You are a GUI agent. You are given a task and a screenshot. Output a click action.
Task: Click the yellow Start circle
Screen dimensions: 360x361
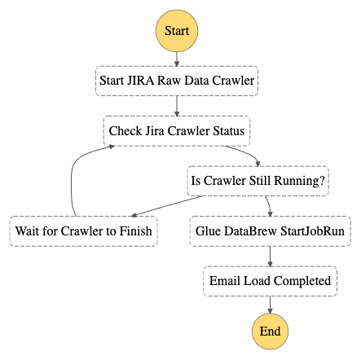(177, 30)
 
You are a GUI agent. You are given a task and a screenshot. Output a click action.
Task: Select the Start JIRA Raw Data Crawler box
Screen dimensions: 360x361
(177, 80)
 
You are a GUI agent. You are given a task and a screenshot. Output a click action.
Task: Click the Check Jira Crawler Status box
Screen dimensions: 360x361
(176, 130)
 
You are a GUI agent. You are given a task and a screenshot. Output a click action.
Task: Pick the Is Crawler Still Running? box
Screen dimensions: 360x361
(258, 181)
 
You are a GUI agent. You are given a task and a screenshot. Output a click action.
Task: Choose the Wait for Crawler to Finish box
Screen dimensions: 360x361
(84, 230)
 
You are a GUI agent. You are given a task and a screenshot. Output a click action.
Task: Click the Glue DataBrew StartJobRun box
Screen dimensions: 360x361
(269, 230)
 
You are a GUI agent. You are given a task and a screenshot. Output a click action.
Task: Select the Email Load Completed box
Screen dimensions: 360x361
(269, 281)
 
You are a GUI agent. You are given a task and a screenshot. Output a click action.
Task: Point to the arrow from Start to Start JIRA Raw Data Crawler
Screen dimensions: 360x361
(177, 58)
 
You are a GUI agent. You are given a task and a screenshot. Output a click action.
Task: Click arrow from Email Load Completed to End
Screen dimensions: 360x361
(269, 303)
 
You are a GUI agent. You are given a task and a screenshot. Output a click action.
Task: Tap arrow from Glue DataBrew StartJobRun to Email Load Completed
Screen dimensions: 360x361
(269, 256)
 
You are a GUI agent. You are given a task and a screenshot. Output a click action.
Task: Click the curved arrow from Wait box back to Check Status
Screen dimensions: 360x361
(74, 175)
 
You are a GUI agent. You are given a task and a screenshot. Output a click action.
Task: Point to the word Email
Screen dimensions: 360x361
(226, 281)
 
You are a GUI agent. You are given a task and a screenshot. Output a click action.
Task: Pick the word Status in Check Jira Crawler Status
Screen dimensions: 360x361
(226, 130)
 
